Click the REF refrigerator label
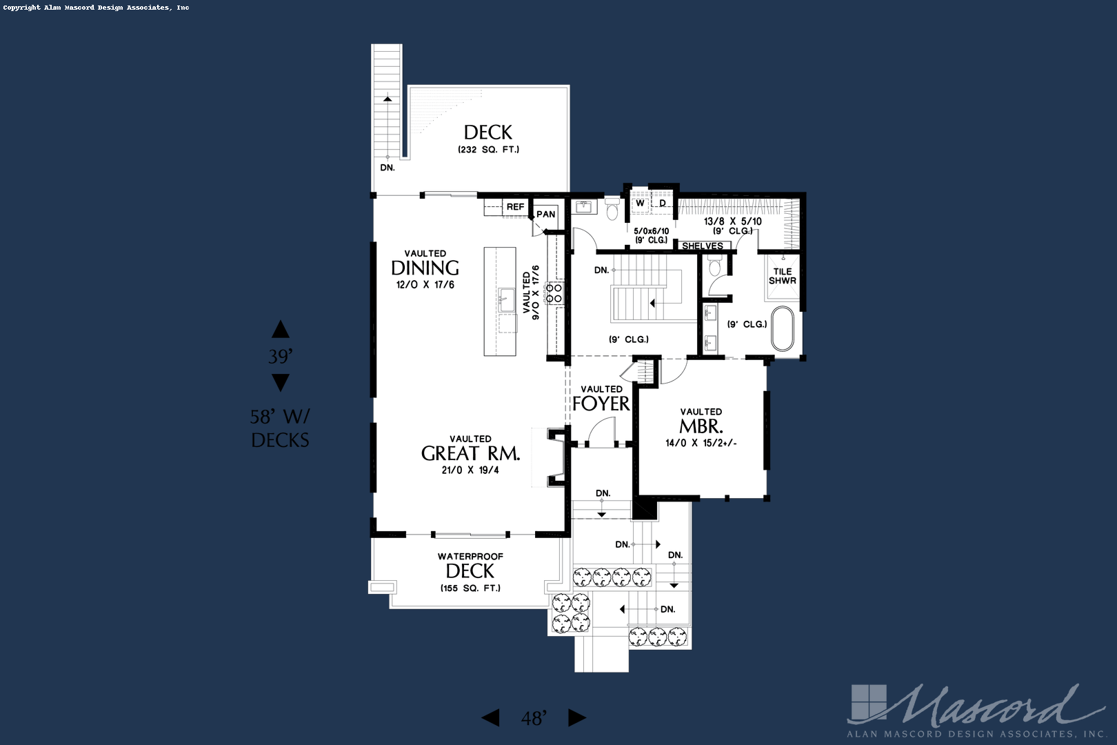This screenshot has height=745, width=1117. pyautogui.click(x=515, y=207)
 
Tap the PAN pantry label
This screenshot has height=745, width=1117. pyautogui.click(x=546, y=215)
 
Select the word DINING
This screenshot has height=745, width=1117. pyautogui.click(x=425, y=268)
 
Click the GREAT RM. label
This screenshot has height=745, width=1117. pyautogui.click(x=470, y=454)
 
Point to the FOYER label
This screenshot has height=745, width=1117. pyautogui.click(x=601, y=404)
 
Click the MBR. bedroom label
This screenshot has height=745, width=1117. pyautogui.click(x=701, y=426)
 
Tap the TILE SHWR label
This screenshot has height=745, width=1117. pyautogui.click(x=783, y=276)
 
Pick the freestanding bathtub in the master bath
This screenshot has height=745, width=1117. pyautogui.click(x=783, y=329)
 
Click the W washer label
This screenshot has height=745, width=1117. pyautogui.click(x=640, y=203)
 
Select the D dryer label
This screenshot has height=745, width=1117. pyautogui.click(x=663, y=203)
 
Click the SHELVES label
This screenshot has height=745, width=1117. pyautogui.click(x=703, y=246)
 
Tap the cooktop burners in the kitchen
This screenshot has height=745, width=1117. pyautogui.click(x=554, y=293)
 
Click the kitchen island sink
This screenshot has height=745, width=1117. pyautogui.click(x=507, y=300)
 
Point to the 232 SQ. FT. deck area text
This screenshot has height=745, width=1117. pyautogui.click(x=488, y=150)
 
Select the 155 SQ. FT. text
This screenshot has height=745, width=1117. pyautogui.click(x=470, y=588)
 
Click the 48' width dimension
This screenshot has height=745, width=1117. pyautogui.click(x=534, y=719)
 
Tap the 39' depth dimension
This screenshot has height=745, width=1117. pyautogui.click(x=280, y=357)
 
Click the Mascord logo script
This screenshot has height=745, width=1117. pyautogui.click(x=986, y=705)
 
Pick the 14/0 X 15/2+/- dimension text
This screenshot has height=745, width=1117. pyautogui.click(x=701, y=444)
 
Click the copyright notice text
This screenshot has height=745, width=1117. pyautogui.click(x=96, y=8)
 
